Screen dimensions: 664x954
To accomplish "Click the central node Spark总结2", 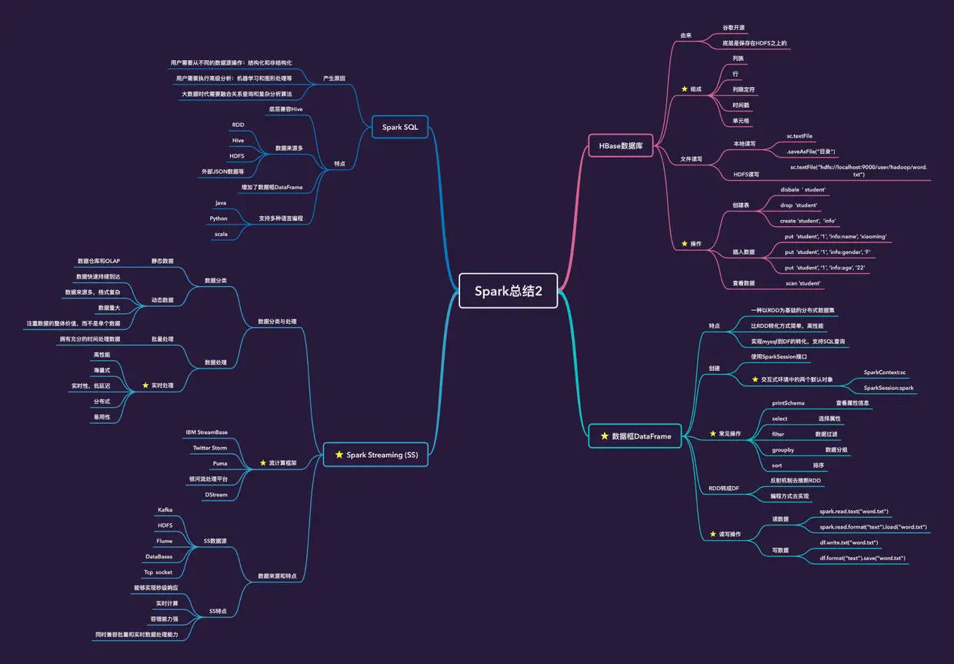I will pyautogui.click(x=508, y=291).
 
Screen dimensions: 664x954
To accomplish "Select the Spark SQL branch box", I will pyautogui.click(x=400, y=127).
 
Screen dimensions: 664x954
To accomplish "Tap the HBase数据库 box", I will pyautogui.click(x=621, y=145).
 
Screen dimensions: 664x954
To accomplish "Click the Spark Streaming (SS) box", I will pyautogui.click(x=375, y=455).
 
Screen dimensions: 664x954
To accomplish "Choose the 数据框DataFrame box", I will pyautogui.click(x=635, y=436).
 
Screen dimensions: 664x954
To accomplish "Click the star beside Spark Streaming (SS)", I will pyautogui.click(x=339, y=455).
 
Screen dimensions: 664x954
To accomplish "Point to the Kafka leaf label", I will pyautogui.click(x=165, y=509).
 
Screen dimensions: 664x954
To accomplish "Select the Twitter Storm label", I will pyautogui.click(x=209, y=448).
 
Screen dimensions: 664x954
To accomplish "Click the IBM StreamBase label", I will pyautogui.click(x=206, y=432).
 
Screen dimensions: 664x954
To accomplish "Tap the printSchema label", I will pyautogui.click(x=788, y=402).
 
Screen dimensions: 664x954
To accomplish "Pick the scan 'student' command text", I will pyautogui.click(x=802, y=283).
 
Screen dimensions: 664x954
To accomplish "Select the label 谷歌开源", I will pyautogui.click(x=733, y=27).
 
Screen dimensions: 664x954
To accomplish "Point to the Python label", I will pyautogui.click(x=218, y=219).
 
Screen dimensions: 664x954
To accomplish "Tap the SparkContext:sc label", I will pyautogui.click(x=885, y=372).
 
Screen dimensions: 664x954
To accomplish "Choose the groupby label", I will pyautogui.click(x=782, y=449).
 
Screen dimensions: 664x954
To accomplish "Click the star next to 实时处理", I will pyautogui.click(x=145, y=385).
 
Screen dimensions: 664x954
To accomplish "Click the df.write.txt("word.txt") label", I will pyautogui.click(x=849, y=542).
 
